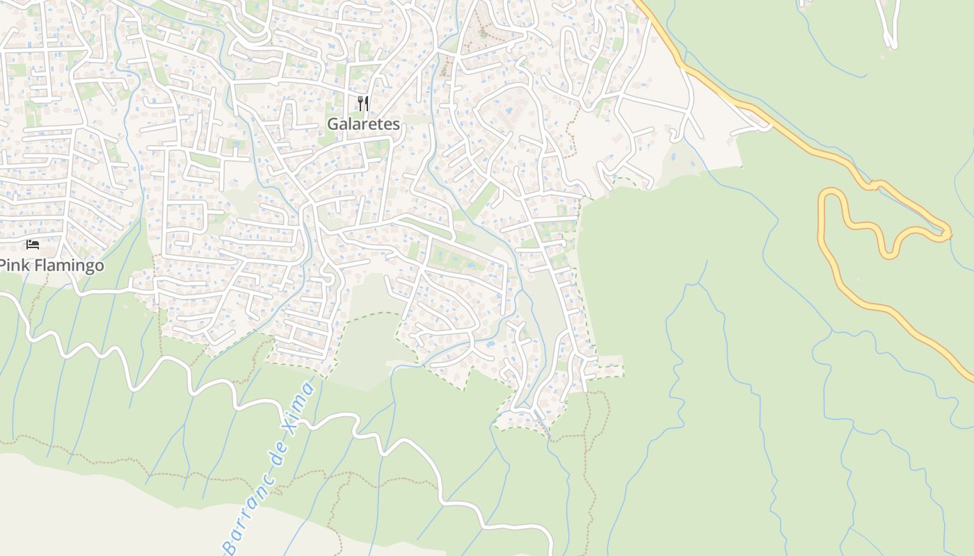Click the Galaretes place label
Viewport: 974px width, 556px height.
364,124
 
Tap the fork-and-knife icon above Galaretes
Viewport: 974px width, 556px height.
362,104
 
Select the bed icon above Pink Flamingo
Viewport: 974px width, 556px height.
33,244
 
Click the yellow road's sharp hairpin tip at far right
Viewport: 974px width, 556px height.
948,231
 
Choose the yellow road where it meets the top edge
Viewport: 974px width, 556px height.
638,3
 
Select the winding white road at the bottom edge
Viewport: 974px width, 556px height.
550,549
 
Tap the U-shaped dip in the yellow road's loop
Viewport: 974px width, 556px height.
889,254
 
